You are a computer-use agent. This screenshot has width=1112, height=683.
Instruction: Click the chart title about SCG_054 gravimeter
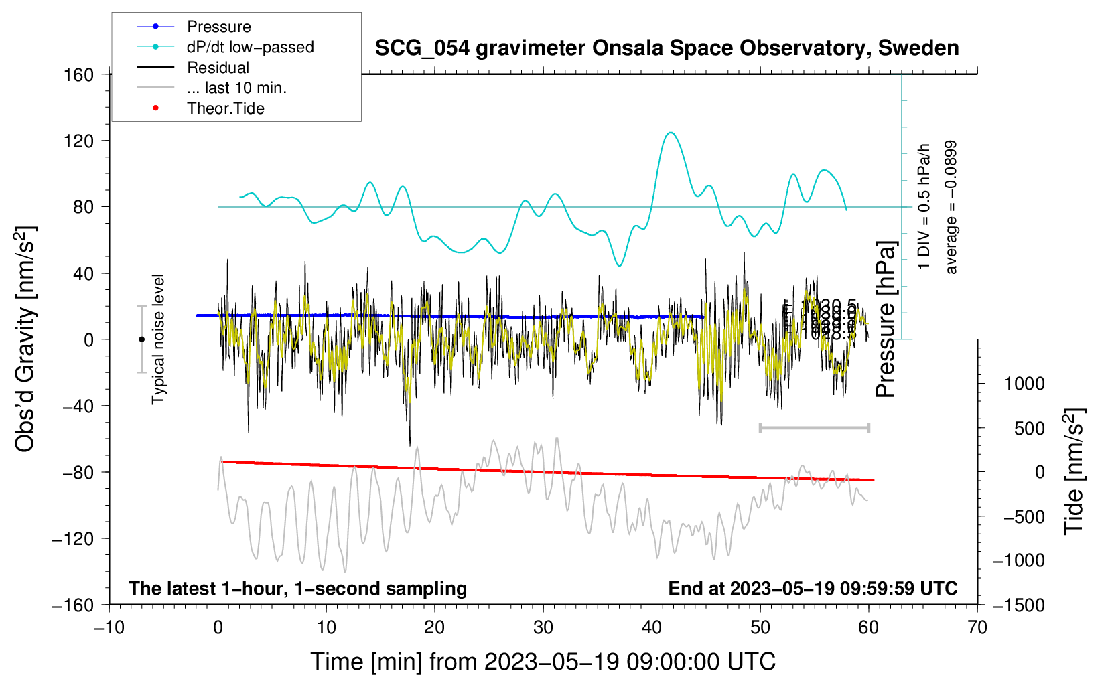[x=667, y=48]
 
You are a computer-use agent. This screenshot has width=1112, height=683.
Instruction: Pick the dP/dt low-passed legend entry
[x=250, y=47]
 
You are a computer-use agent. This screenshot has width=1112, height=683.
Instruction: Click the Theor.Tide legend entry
[x=225, y=108]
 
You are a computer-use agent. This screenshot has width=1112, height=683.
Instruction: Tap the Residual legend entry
[x=218, y=68]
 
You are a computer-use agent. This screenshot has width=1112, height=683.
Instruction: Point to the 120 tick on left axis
[x=79, y=141]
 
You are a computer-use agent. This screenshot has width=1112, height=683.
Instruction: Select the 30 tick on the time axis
[x=543, y=627]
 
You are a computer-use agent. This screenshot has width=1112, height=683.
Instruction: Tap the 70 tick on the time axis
[x=977, y=627]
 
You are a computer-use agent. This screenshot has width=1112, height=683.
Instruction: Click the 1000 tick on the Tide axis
[x=1024, y=384]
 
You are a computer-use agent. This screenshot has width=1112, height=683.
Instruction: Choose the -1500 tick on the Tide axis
[x=1018, y=605]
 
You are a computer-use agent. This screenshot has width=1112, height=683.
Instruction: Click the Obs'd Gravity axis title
[x=25, y=339]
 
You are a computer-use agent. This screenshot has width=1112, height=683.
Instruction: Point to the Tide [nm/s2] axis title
[x=1074, y=471]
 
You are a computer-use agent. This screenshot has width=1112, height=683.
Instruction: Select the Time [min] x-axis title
[x=543, y=662]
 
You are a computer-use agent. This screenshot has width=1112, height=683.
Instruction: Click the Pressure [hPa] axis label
[x=886, y=320]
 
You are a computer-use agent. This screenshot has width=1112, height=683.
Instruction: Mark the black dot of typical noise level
[x=141, y=339]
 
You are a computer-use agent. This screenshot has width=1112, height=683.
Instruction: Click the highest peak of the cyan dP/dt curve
[x=671, y=133]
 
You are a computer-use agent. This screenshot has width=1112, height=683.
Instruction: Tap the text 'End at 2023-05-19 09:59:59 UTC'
[x=813, y=588]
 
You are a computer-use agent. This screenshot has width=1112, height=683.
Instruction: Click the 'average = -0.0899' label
[x=951, y=207]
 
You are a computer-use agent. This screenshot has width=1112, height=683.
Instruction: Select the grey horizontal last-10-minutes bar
[x=814, y=427]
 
